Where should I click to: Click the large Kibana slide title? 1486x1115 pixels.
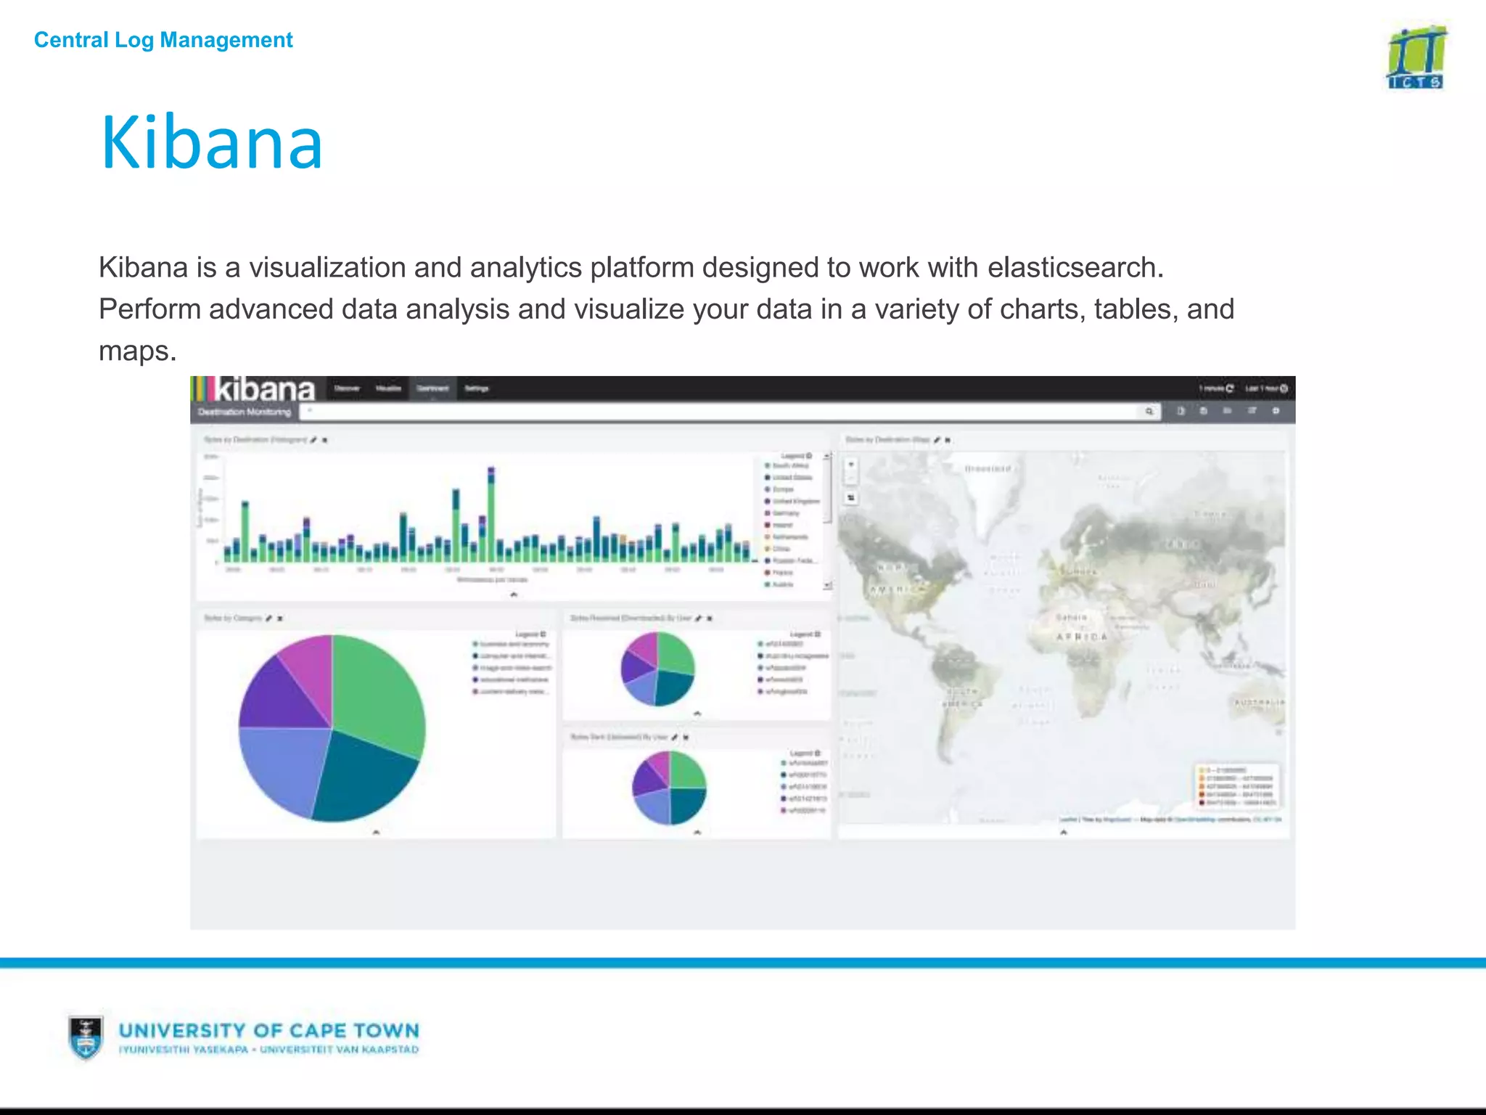[211, 143]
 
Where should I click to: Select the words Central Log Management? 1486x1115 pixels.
[163, 40]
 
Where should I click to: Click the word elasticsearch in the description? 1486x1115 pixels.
[1075, 268]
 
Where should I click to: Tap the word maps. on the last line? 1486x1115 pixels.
[138, 351]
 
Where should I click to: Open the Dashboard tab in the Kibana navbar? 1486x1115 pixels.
[432, 388]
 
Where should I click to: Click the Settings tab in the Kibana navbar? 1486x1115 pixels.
[477, 388]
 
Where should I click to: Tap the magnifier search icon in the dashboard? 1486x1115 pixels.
[1149, 412]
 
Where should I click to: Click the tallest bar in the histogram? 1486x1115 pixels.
[491, 515]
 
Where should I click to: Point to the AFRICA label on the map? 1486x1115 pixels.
[1081, 637]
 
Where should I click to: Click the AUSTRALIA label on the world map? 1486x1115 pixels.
[1259, 703]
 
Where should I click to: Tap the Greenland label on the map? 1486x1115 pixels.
[988, 469]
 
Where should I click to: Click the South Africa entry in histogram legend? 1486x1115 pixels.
[790, 466]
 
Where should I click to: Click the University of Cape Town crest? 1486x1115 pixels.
[86, 1037]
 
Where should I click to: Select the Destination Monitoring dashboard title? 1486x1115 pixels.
[245, 412]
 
